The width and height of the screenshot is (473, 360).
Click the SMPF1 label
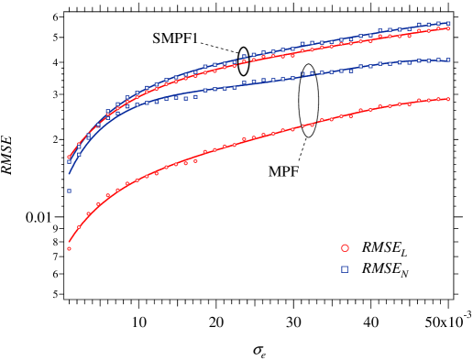tap(175, 38)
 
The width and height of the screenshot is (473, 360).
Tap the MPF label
tap(283, 171)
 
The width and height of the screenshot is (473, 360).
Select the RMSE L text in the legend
tap(385, 247)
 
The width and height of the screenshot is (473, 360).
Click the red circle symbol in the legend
tap(345, 247)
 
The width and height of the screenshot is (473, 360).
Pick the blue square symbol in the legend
tap(345, 269)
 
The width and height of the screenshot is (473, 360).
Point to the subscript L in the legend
tap(404, 252)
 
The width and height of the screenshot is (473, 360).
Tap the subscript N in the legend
tap(405, 273)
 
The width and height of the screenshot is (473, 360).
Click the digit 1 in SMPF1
tap(195, 38)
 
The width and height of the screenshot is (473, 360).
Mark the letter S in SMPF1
tap(157, 38)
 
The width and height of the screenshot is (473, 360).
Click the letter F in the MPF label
tap(294, 171)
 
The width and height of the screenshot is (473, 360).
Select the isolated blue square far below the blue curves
tap(69, 191)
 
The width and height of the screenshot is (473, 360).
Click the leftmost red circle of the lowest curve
tap(69, 248)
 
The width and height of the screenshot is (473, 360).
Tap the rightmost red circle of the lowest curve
tap(448, 98)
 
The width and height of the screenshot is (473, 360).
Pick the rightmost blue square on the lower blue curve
tap(448, 60)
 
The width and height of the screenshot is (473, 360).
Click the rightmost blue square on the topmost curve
tap(448, 23)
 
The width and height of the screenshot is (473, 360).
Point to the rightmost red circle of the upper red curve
tap(448, 28)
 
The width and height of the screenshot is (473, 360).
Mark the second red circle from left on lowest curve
tap(79, 227)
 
